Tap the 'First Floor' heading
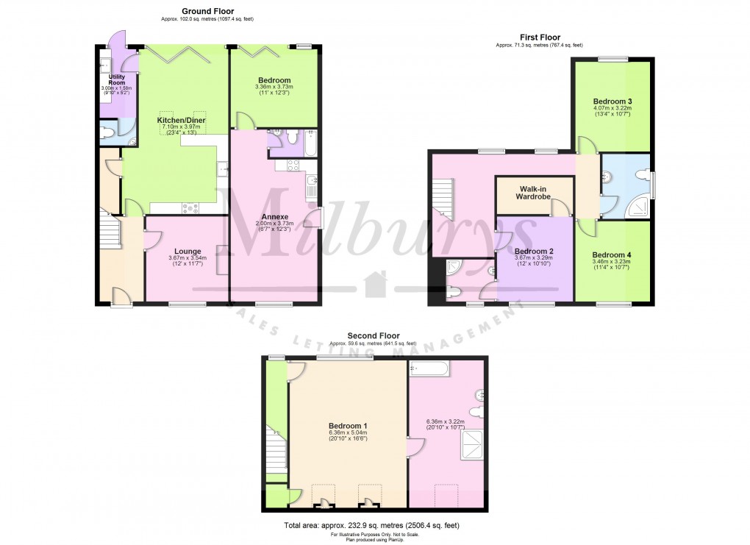539,38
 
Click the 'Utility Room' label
116,79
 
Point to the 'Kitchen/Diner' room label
181,120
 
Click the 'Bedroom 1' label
349,426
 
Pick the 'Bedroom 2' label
534,251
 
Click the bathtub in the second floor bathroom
429,368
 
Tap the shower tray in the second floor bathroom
472,444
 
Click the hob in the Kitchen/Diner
191,207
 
